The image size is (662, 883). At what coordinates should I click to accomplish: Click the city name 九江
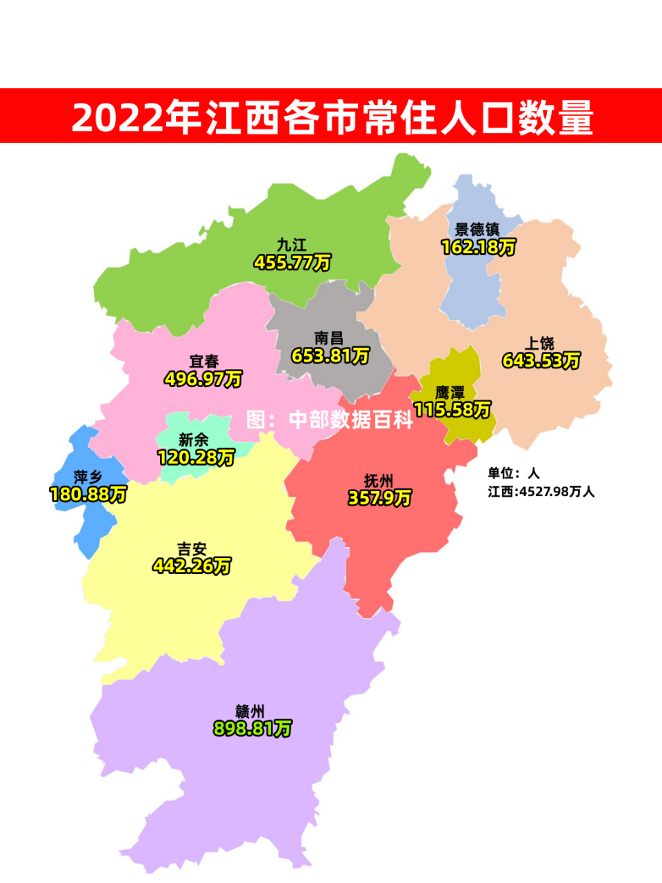[x=292, y=245]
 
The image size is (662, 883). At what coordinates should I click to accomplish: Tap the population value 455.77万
[x=292, y=263]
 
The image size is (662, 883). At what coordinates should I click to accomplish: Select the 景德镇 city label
[x=477, y=229]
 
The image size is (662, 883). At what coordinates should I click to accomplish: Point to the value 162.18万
[x=478, y=247]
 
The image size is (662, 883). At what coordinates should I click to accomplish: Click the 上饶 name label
[x=540, y=343]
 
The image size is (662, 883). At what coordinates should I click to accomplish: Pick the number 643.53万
[x=541, y=361]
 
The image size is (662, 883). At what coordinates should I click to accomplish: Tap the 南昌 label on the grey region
[x=329, y=338]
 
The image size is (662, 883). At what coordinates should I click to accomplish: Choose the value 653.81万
[x=330, y=356]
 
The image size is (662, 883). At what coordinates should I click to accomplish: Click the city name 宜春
[x=204, y=361]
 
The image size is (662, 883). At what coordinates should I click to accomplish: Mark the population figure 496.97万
[x=203, y=379]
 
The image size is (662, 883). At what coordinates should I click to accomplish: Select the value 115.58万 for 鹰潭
[x=452, y=410]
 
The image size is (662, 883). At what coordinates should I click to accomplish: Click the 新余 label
[x=194, y=439]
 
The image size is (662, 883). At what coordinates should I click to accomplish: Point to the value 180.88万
[x=88, y=495]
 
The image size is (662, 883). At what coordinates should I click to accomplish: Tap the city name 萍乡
[x=88, y=477]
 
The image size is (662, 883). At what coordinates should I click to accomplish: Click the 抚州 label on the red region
[x=379, y=481]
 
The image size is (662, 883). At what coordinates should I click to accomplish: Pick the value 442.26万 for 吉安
[x=192, y=566]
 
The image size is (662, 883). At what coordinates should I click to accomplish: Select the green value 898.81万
[x=252, y=728]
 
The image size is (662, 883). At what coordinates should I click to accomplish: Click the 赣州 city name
[x=250, y=711]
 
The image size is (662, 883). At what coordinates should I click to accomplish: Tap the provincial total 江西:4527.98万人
[x=541, y=492]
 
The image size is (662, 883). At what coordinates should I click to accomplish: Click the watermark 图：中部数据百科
[x=330, y=419]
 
